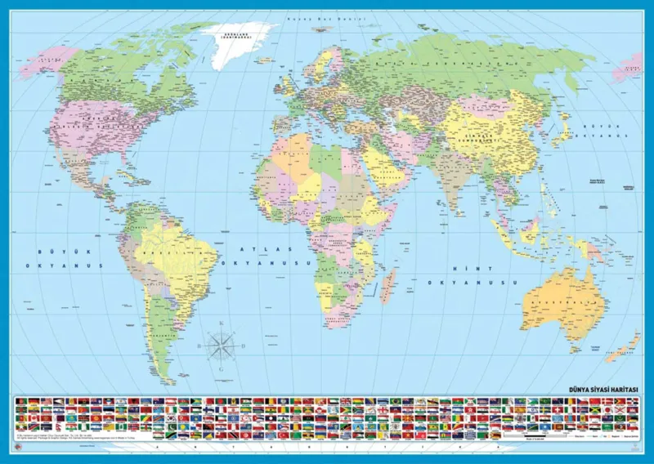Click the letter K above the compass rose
click(222, 323)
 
